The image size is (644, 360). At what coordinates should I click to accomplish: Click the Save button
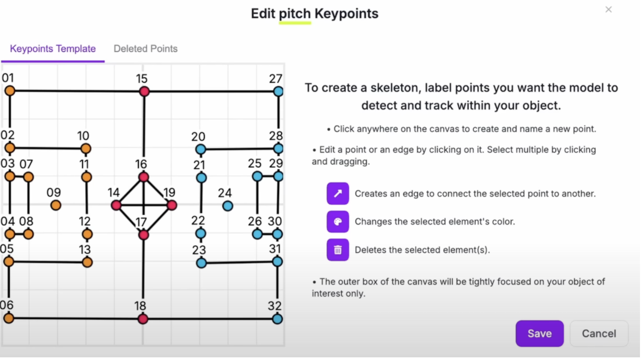pyautogui.click(x=539, y=334)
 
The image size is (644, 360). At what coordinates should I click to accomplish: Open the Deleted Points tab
pyautogui.click(x=146, y=49)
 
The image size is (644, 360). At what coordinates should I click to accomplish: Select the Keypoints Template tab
pyautogui.click(x=53, y=49)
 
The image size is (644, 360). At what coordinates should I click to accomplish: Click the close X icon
pyautogui.click(x=608, y=9)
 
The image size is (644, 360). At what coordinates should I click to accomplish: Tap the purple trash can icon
pyautogui.click(x=338, y=250)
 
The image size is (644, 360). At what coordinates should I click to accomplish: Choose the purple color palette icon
pyautogui.click(x=338, y=222)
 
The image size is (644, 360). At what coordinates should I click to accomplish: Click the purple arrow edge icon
pyautogui.click(x=338, y=193)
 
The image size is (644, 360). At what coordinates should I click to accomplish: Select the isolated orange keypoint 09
pyautogui.click(x=55, y=205)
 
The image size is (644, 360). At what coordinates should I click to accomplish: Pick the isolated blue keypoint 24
pyautogui.click(x=227, y=206)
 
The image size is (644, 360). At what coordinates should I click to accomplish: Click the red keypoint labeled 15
pyautogui.click(x=144, y=92)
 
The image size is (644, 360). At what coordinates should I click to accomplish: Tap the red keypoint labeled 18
pyautogui.click(x=143, y=319)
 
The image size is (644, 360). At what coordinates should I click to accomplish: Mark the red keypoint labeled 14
pyautogui.click(x=116, y=205)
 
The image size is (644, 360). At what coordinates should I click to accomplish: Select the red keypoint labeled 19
pyautogui.click(x=171, y=205)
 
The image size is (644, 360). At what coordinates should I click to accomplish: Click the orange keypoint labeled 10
pyautogui.click(x=86, y=149)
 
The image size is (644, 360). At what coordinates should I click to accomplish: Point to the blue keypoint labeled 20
pyautogui.click(x=201, y=149)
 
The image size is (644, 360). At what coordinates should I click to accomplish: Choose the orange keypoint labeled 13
pyautogui.click(x=87, y=262)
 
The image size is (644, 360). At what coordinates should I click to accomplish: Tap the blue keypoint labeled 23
pyautogui.click(x=201, y=263)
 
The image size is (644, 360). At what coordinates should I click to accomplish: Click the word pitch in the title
pyautogui.click(x=295, y=13)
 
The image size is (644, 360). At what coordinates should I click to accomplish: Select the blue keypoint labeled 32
pyautogui.click(x=277, y=319)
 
